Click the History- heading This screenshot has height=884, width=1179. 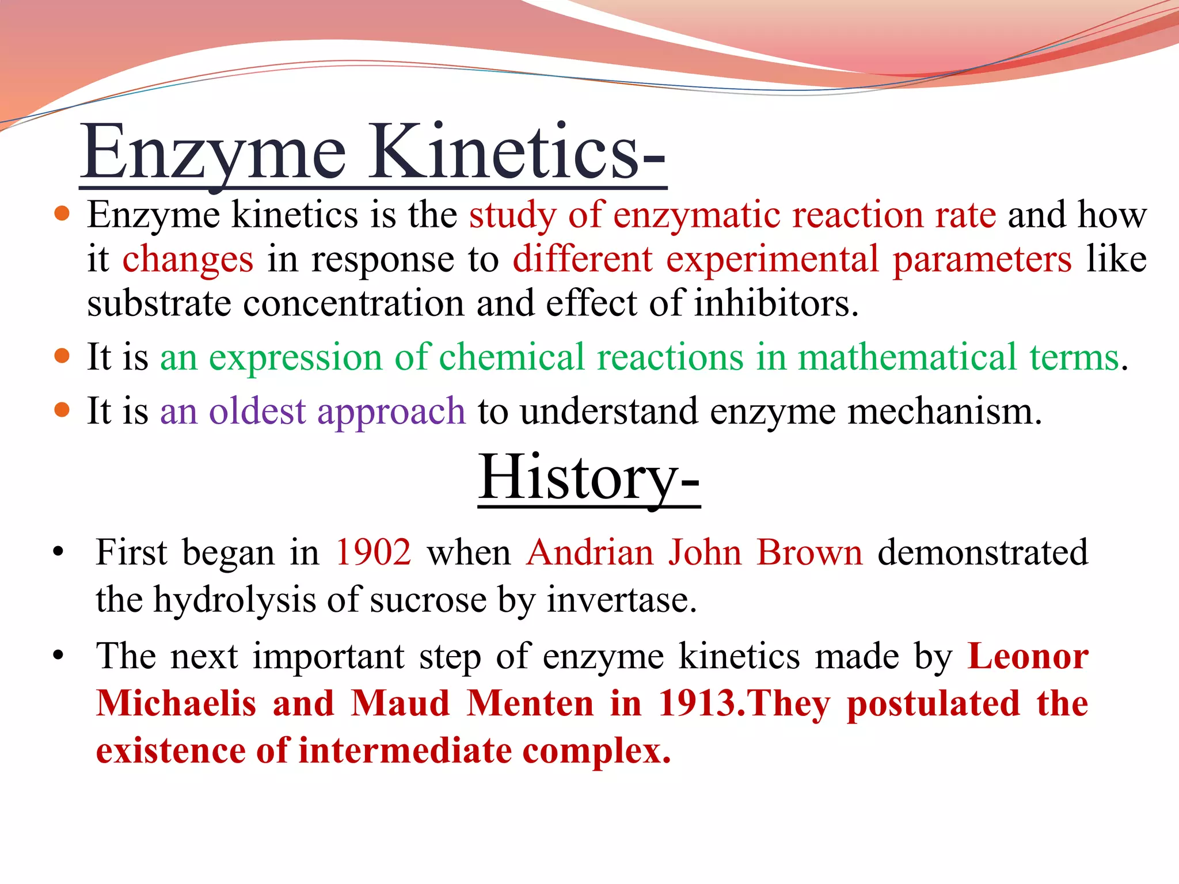(588, 478)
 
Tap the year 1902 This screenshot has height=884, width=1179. (373, 552)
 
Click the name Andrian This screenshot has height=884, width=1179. (589, 552)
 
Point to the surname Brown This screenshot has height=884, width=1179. (809, 552)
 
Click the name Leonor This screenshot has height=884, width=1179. (1028, 657)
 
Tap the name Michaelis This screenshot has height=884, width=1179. (176, 704)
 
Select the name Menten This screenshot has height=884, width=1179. (530, 704)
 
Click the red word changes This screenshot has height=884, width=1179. (188, 260)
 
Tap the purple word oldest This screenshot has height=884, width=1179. (257, 411)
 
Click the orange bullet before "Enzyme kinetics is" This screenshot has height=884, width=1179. (62, 215)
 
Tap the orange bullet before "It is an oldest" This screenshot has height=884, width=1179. (62, 411)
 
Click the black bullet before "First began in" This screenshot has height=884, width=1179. (58, 552)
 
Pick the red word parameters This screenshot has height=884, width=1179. (982, 260)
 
